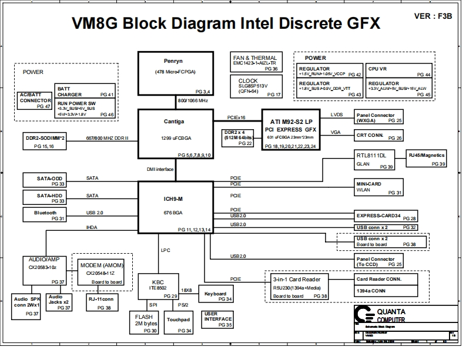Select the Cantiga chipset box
[175, 134]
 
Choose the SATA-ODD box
[45, 180]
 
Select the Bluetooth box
[45, 215]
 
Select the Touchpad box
[179, 322]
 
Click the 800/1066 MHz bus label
[193, 101]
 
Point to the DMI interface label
[160, 169]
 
